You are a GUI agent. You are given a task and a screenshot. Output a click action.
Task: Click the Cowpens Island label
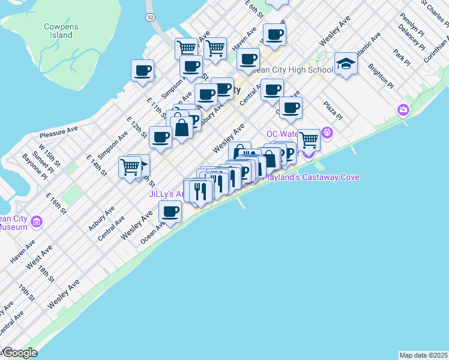pos(58,31)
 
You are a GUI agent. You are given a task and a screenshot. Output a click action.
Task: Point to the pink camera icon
pos(403,110)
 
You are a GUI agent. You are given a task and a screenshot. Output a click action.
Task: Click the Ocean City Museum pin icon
pos(37,223)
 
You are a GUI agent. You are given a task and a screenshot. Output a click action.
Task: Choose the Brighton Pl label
pos(380,76)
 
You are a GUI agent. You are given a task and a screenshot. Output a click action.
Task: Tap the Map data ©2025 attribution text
pos(423,355)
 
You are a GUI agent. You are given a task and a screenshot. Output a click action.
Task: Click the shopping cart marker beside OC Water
pos(309,140)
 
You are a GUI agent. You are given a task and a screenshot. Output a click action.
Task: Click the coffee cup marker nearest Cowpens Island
pos(142,71)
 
